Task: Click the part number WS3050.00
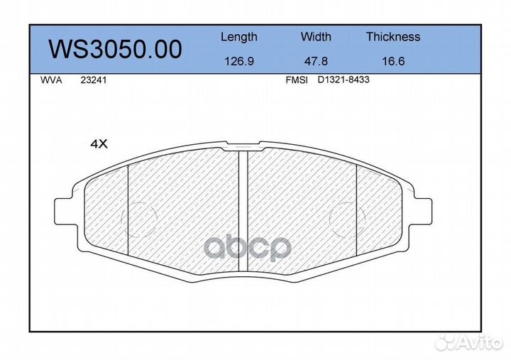114,49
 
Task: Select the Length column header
238,37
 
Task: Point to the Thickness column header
392,37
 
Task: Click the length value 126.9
238,61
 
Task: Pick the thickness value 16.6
392,61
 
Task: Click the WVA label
53,81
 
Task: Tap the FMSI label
296,81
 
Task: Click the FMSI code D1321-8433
343,81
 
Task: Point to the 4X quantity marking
98,143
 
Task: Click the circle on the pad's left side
139,217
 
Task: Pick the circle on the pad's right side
349,217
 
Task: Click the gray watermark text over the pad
248,248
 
